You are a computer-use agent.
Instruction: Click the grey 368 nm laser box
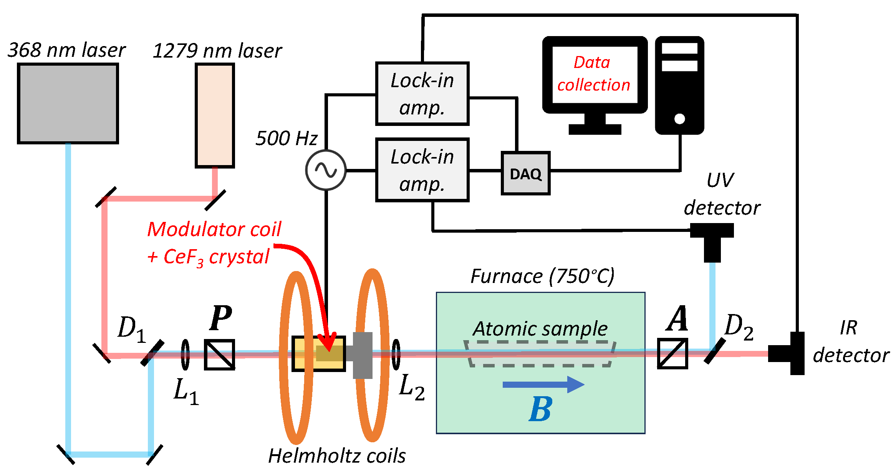68,104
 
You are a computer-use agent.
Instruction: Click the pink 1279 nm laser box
215,115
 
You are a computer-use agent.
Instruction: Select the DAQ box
525,174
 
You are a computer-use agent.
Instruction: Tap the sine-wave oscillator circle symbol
326,170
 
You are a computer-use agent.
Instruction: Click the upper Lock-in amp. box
422,94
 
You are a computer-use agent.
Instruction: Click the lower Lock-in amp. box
422,170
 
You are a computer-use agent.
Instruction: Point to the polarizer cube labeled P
219,354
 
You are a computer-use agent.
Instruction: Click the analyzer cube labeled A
672,354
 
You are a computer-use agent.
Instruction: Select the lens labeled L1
185,354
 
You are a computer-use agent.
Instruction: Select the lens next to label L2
396,354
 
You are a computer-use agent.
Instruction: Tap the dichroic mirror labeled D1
152,353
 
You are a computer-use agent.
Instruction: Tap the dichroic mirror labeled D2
715,351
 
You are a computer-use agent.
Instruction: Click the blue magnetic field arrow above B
543,384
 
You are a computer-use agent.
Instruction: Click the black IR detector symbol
791,353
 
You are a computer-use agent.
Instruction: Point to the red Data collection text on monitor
594,74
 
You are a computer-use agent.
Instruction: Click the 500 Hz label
287,138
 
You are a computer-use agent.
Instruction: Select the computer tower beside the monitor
679,85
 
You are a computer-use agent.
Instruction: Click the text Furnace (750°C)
542,276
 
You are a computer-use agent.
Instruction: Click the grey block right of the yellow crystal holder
362,355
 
